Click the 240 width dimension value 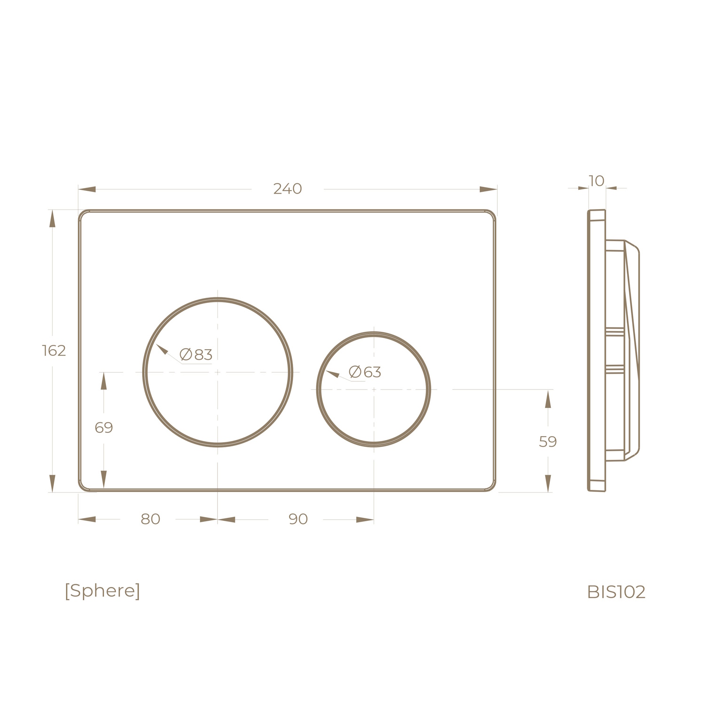[x=287, y=189]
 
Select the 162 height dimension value [x=54, y=351]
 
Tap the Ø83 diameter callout [x=196, y=354]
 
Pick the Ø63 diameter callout [x=365, y=372]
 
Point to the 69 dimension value [x=104, y=428]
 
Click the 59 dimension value [x=548, y=442]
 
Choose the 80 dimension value [x=150, y=519]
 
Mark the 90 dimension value [x=298, y=519]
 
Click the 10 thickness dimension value [x=596, y=181]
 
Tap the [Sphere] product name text [x=102, y=591]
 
